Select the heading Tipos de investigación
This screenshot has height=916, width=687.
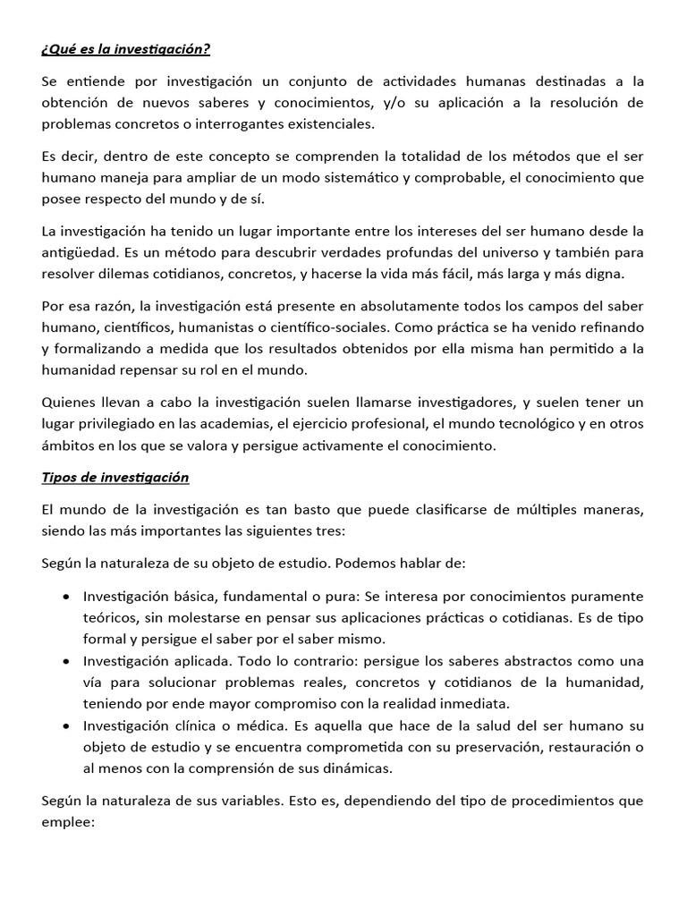pyautogui.click(x=115, y=477)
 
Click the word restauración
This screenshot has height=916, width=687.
pyautogui.click(x=573, y=746)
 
